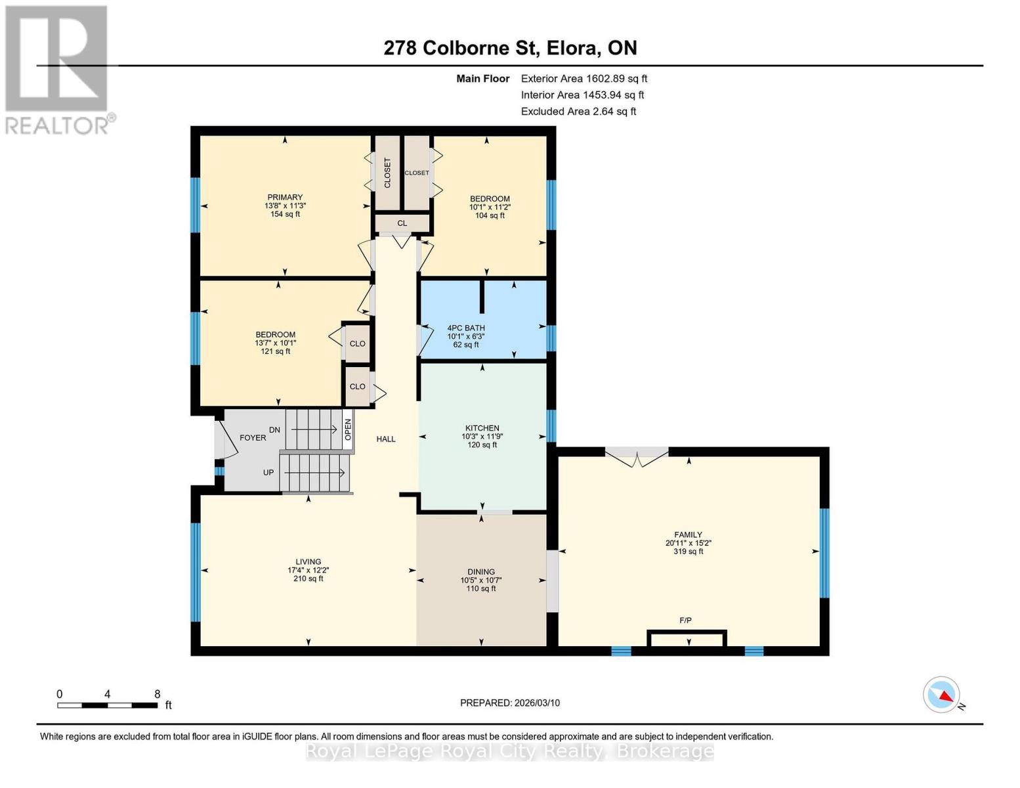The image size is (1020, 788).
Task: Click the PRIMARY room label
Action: [285, 197]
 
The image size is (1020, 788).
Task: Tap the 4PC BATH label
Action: [466, 328]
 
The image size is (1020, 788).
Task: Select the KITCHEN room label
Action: [482, 428]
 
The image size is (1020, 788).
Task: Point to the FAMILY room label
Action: [688, 535]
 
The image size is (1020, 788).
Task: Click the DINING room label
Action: [481, 572]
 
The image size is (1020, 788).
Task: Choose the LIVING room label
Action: [308, 562]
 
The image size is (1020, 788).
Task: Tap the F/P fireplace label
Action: [685, 621]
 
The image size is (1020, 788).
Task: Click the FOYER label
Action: [253, 438]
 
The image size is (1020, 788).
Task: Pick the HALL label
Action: [386, 439]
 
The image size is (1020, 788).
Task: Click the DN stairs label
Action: [274, 430]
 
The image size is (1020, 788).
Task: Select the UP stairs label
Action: [268, 472]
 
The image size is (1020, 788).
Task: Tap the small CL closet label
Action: [402, 223]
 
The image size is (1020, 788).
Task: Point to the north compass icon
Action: [942, 695]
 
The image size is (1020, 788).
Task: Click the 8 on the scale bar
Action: [158, 694]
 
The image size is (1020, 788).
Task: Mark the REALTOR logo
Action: [58, 69]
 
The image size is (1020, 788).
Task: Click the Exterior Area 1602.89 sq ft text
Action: [584, 78]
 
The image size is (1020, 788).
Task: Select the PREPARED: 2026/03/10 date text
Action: [510, 703]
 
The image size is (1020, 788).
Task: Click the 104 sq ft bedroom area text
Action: [490, 215]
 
